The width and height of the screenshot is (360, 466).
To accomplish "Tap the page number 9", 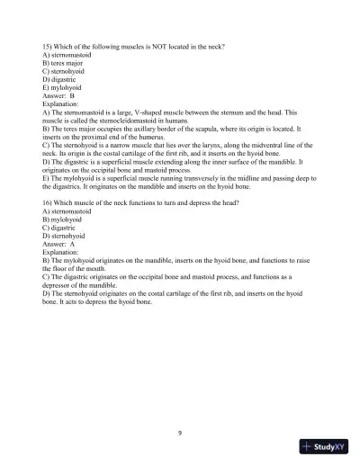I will [180, 433].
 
